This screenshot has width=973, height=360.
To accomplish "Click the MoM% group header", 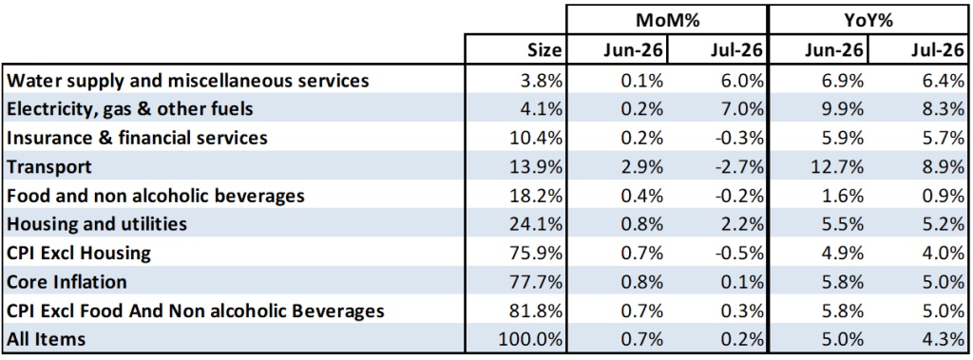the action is [667, 21].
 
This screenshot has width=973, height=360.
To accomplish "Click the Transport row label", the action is [49, 166].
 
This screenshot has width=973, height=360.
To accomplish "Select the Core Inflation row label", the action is [67, 282].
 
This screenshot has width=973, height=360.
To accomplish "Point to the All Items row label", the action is [46, 339].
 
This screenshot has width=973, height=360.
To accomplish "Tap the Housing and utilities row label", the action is [97, 224].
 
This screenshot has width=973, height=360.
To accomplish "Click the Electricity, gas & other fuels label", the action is [130, 108].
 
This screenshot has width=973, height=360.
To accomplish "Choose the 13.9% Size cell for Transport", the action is [538, 166].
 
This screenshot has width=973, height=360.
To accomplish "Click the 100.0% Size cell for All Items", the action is [532, 339].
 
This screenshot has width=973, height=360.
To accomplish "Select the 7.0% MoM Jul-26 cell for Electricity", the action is [741, 108].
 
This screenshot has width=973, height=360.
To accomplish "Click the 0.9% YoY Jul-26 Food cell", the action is [941, 196].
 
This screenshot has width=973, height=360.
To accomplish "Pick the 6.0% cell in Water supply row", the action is [741, 80].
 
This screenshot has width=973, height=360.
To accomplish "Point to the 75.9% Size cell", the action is [538, 254].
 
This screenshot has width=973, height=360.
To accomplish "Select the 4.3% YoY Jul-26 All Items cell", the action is [941, 339].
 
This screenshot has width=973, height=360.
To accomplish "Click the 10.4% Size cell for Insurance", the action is [538, 138].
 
